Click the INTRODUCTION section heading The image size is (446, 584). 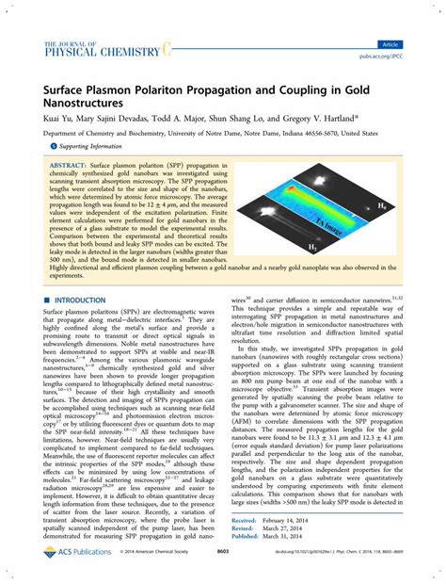click(85, 300)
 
